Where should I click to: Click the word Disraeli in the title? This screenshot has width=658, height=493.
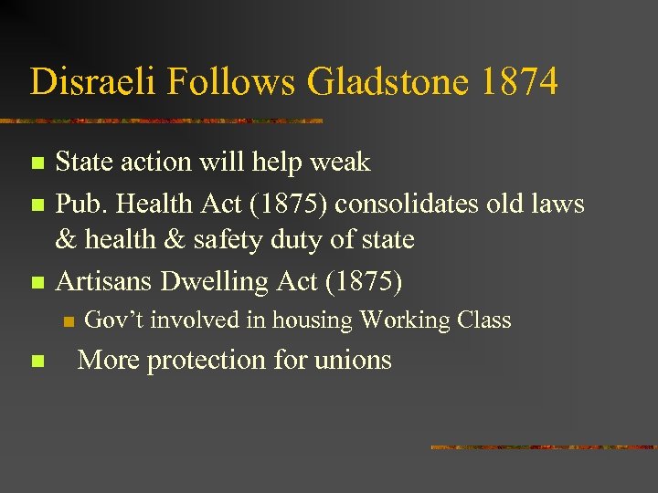(83, 82)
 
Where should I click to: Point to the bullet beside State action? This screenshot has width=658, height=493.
(37, 164)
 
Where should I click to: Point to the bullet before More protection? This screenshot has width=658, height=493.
(37, 362)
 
